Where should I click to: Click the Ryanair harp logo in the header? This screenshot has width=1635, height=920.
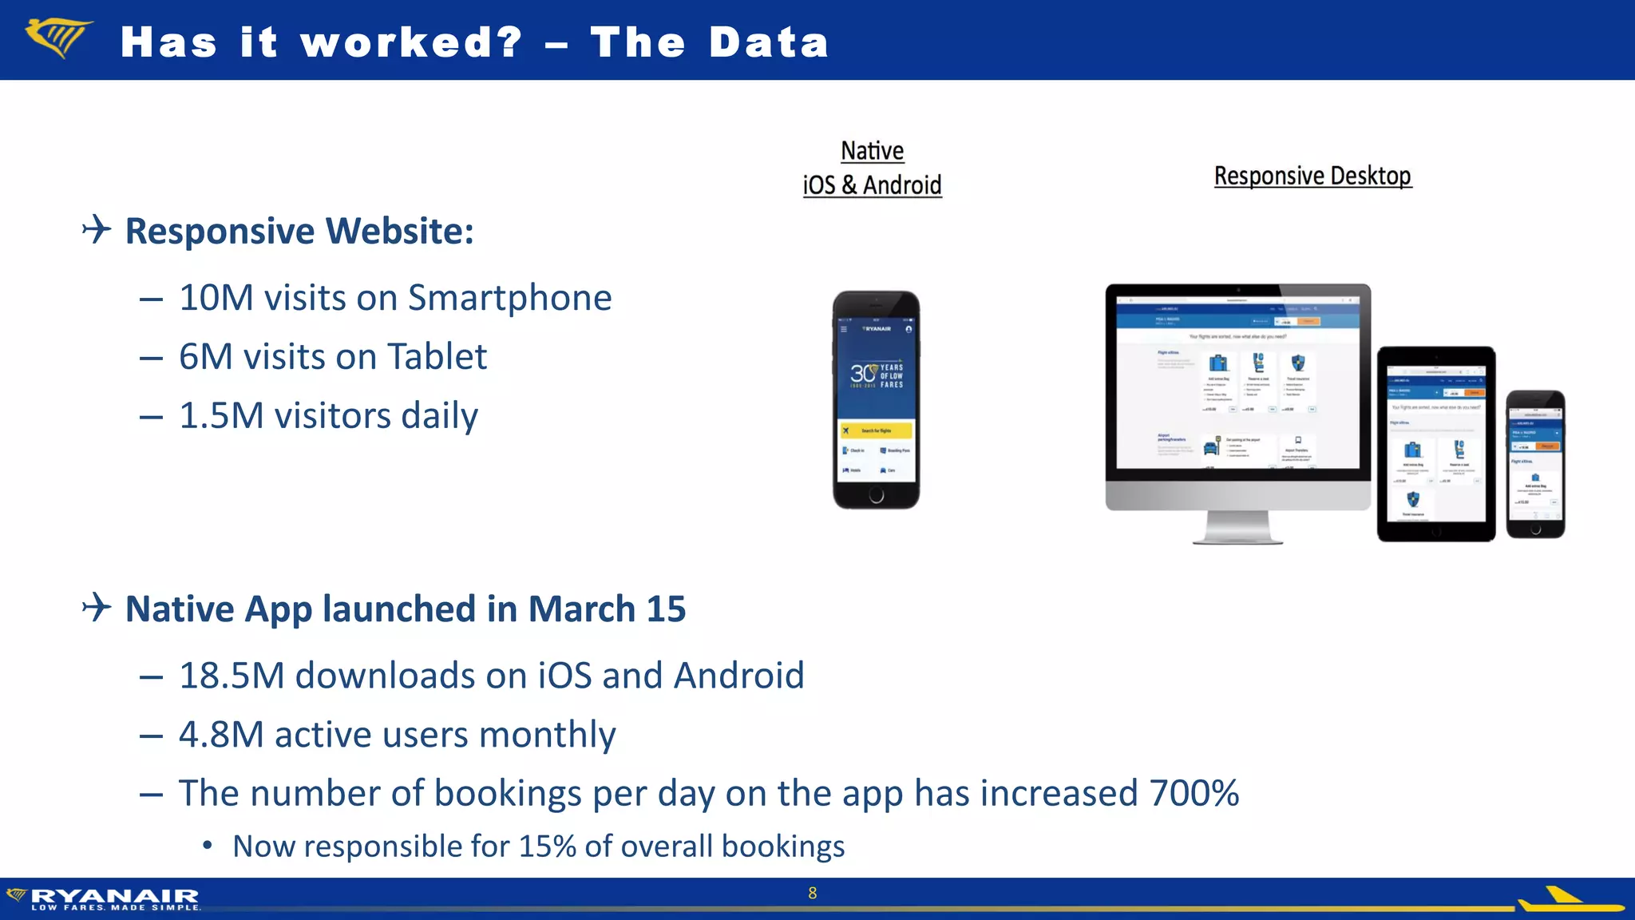(58, 38)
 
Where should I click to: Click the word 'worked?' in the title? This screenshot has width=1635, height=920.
(411, 42)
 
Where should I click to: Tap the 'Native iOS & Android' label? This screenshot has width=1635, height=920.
(872, 169)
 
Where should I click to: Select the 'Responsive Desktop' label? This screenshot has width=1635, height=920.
(1312, 176)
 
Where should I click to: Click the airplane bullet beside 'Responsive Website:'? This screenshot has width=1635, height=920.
(97, 230)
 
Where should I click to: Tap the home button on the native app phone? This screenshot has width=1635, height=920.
(876, 496)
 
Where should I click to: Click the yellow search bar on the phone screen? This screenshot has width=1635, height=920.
(876, 430)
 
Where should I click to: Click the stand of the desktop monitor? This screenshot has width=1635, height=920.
(1237, 528)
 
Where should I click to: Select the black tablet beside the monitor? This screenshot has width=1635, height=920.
(1435, 444)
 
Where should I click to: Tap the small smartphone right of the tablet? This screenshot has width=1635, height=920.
(1535, 464)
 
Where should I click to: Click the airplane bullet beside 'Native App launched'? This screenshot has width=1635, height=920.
(97, 608)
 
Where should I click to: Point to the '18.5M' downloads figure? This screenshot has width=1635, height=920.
(232, 676)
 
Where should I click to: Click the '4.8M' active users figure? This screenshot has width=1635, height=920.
(221, 735)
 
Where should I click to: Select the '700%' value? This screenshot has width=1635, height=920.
(1194, 794)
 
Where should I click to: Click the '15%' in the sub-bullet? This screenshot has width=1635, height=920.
(548, 847)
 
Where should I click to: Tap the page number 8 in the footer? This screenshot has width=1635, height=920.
(812, 893)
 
